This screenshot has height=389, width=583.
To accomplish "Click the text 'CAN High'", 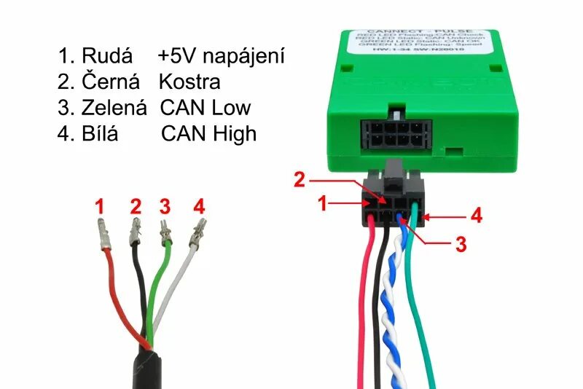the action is tap(208, 133).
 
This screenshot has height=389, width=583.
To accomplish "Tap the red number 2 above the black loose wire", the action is tap(135, 207).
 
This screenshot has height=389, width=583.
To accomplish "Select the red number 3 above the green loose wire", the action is tap(165, 207).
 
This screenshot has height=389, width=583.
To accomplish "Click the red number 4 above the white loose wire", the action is tap(199, 207).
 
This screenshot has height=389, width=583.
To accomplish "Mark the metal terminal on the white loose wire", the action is tap(195, 236).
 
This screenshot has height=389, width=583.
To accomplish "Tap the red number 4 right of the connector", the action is tap(476, 216).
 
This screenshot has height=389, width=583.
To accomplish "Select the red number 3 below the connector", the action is tap(460, 244).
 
